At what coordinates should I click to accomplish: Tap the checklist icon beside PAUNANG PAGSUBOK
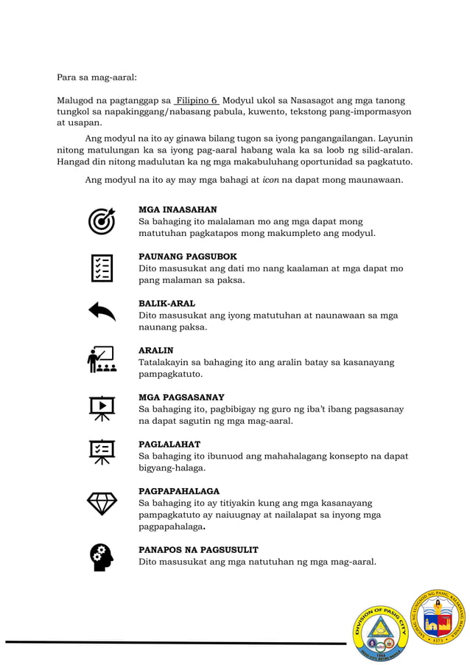[x=102, y=268]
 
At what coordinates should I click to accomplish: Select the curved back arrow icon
[x=102, y=313]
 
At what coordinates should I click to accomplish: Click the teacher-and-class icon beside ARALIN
[x=102, y=360]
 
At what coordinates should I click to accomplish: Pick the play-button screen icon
[x=102, y=407]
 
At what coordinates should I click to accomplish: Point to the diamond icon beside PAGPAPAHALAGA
[x=102, y=504]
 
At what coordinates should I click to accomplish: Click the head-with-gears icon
[x=102, y=557]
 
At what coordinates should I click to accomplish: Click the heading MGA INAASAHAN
[x=178, y=210]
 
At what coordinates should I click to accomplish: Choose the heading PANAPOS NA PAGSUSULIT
[x=198, y=550]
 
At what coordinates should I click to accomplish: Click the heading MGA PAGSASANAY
[x=181, y=397]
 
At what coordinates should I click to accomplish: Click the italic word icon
[x=270, y=180]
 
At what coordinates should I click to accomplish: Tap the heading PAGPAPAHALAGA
[x=179, y=491]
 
